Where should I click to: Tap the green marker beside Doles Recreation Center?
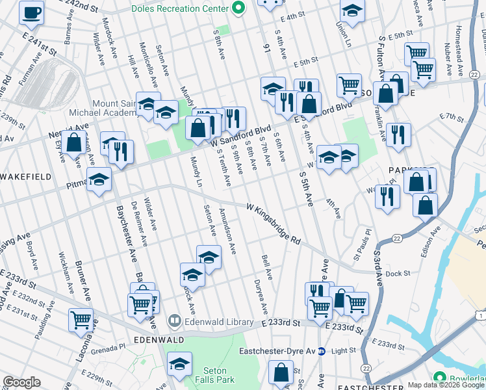point(238,8)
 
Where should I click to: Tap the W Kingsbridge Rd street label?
point(274,222)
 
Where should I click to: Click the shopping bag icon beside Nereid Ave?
point(75,141)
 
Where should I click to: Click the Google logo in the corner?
point(21,382)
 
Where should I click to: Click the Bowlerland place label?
point(468,378)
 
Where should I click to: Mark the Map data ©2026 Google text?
point(446,385)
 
